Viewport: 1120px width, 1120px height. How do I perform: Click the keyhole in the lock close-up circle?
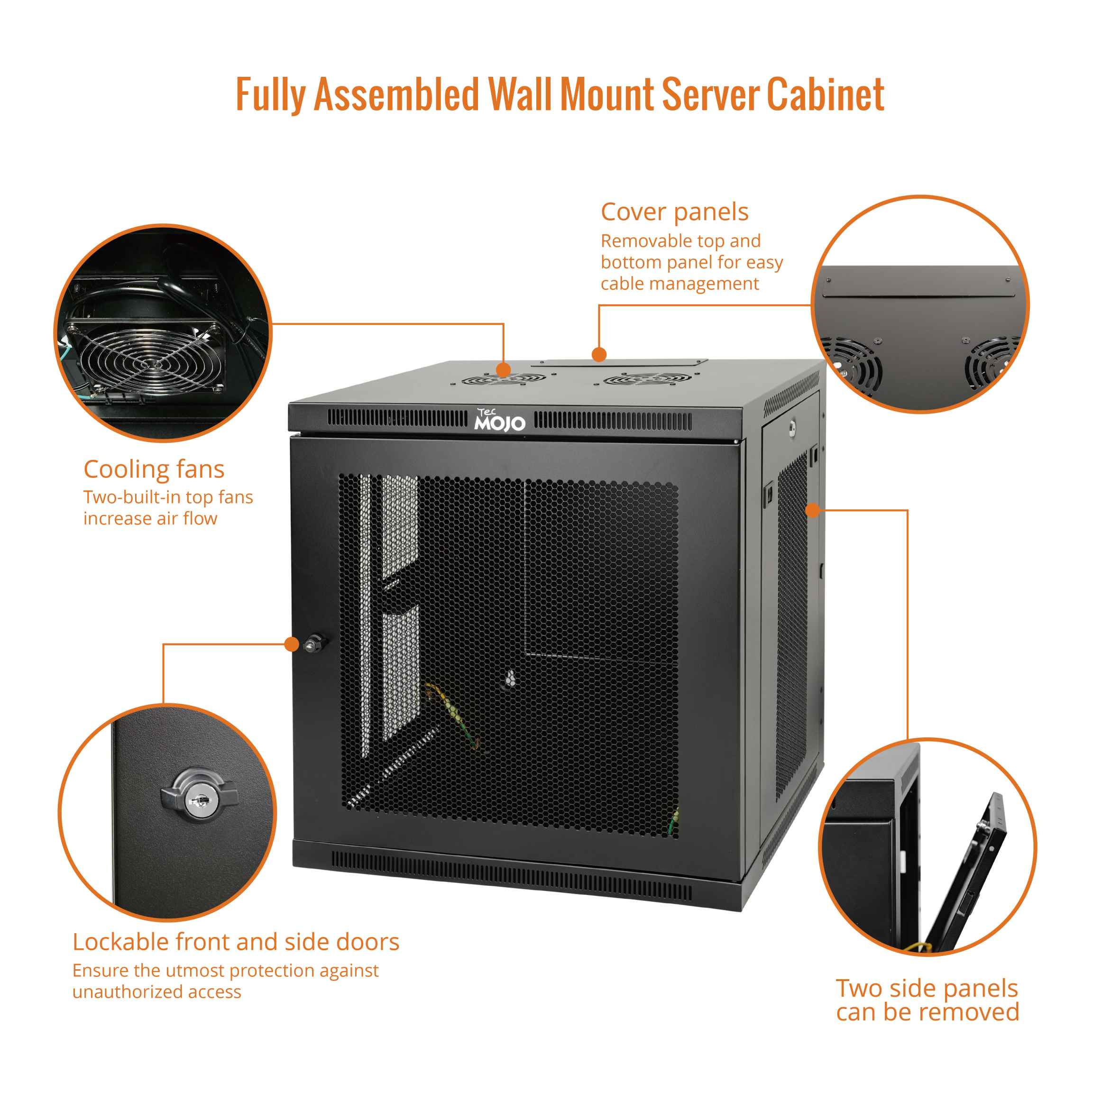(x=199, y=802)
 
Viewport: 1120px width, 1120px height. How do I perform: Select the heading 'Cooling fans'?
(x=154, y=469)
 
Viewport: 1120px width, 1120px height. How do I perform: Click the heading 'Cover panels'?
(x=674, y=212)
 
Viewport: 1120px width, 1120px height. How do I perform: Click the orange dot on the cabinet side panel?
(x=813, y=510)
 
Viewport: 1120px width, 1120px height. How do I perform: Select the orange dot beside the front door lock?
(x=292, y=644)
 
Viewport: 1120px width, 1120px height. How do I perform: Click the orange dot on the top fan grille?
(x=503, y=369)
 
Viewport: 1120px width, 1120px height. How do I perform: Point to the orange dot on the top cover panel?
(x=599, y=354)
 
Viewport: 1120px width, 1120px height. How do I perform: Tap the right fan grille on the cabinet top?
(x=646, y=380)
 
